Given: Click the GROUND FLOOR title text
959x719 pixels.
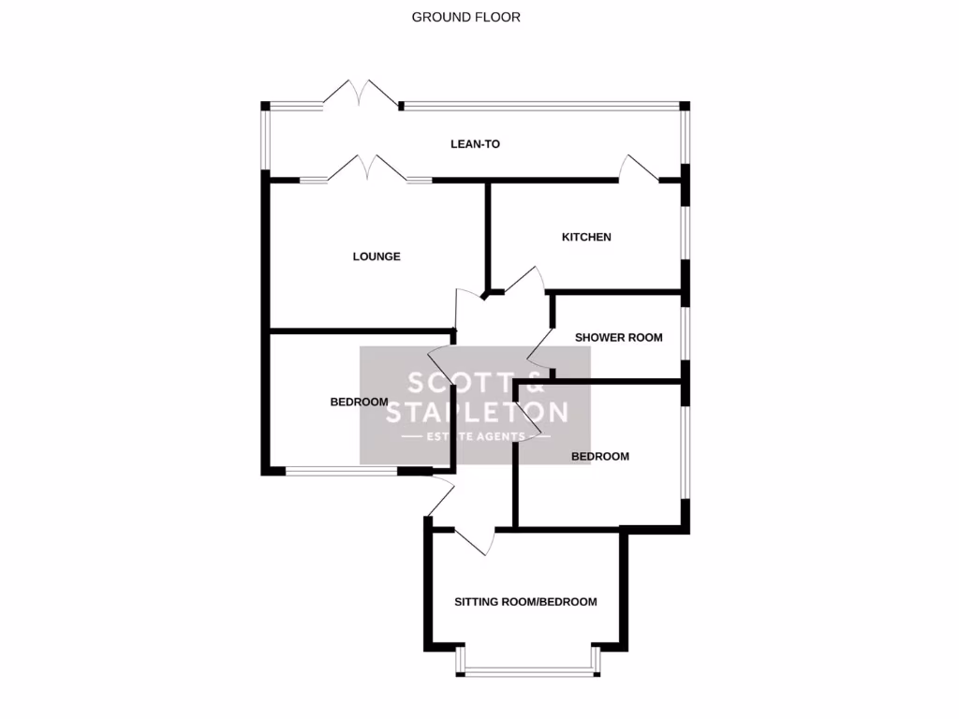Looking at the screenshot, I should coord(465,17).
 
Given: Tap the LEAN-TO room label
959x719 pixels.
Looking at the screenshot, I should coord(476,144).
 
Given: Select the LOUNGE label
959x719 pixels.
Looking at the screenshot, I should coord(376,257).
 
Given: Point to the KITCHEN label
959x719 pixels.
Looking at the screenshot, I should coord(586,237).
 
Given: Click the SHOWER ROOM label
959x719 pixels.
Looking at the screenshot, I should coord(618,338).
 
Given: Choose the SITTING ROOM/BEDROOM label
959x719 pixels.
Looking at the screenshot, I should coord(525,602).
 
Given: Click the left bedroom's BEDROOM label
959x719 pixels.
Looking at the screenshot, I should coord(359,403).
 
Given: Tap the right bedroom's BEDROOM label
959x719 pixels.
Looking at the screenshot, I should coord(600,457).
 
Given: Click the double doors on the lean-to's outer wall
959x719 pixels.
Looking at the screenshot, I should coord(360,95).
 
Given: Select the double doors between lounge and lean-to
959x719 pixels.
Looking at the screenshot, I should coord(367,169).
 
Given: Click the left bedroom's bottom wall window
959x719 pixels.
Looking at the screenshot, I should coord(341,472).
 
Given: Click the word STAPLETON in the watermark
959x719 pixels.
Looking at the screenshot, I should coord(477,413).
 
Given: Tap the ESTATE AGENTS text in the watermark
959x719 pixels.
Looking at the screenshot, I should coord(476,437).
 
